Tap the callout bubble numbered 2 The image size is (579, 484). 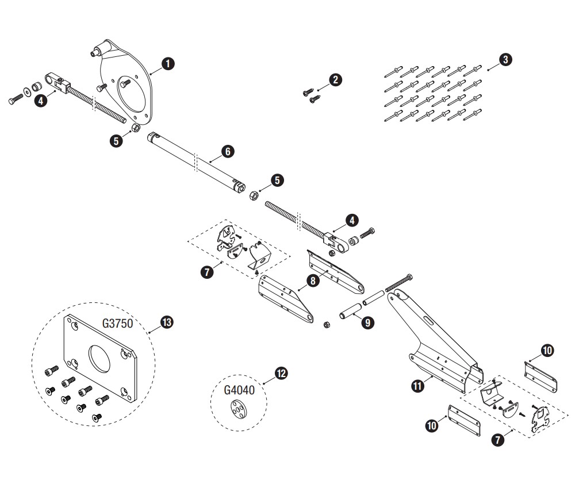coord(335,80)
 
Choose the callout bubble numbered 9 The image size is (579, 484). coord(367,322)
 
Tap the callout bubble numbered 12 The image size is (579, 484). coord(281,374)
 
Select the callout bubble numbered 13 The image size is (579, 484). coord(167,322)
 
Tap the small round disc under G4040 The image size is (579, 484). coord(237,410)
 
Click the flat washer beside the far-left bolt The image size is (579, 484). coord(27,91)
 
